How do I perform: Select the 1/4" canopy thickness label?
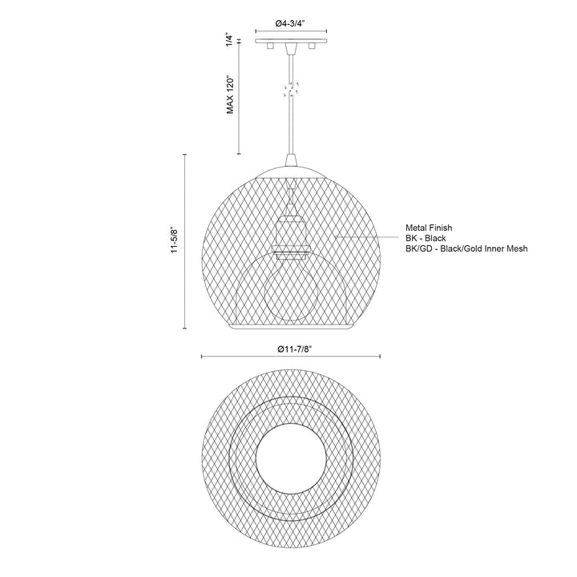pos(229,39)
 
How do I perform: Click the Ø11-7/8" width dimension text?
pos(289,349)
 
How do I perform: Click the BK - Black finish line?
pos(426,238)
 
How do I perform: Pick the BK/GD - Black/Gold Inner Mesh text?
pos(466,248)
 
